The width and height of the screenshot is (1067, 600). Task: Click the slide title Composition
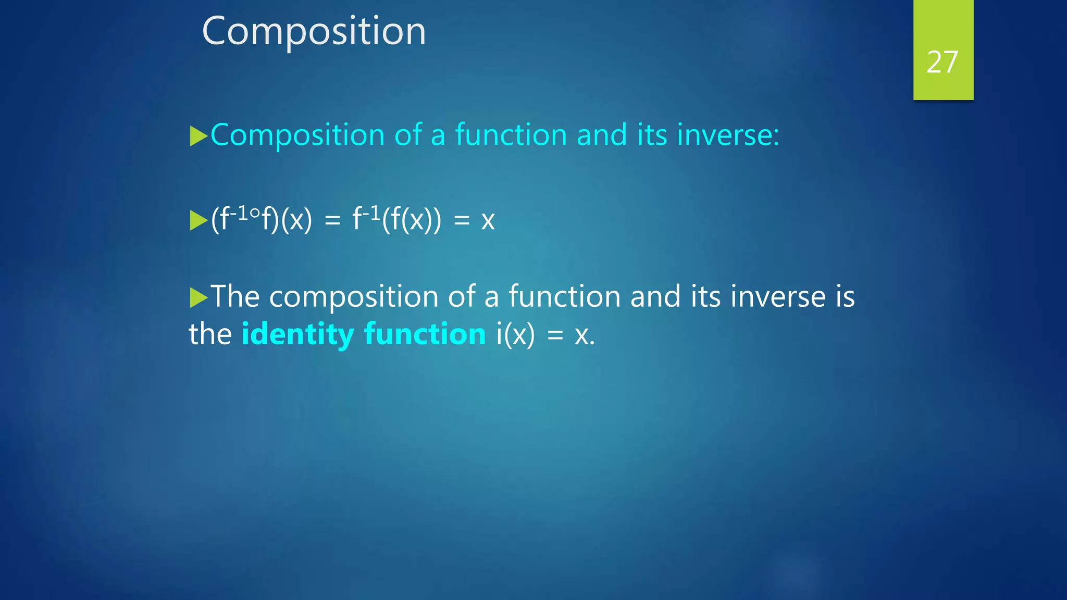[314, 31]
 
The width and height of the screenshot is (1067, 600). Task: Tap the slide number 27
[942, 62]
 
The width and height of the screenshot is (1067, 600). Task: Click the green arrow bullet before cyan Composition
[198, 136]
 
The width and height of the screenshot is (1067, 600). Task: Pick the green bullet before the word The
[198, 297]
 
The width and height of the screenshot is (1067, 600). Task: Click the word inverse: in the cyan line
[728, 135]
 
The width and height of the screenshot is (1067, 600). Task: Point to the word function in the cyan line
[511, 135]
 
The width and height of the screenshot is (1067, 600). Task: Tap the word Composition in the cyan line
[297, 135]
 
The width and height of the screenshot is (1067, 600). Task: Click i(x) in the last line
[515, 334]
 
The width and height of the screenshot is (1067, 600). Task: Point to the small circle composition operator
[255, 213]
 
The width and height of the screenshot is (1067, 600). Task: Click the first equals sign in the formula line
[332, 220]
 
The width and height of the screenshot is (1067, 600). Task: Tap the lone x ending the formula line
[488, 220]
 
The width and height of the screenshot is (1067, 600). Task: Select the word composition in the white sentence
[354, 297]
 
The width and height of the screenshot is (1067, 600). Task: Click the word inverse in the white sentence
[778, 297]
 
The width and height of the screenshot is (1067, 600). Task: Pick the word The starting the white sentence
[235, 296]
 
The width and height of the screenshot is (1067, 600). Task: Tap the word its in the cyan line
[652, 135]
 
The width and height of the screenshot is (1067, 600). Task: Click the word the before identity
[210, 334]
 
